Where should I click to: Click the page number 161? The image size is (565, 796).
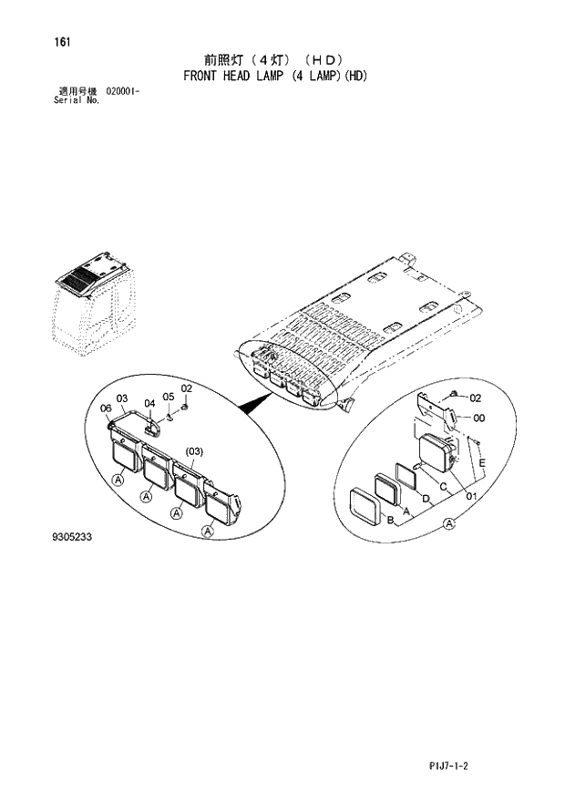click(x=63, y=42)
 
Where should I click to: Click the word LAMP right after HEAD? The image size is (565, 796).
click(x=268, y=76)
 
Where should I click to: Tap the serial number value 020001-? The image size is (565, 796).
click(x=122, y=92)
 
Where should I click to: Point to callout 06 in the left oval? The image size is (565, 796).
click(x=106, y=408)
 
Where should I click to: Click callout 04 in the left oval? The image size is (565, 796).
click(x=149, y=403)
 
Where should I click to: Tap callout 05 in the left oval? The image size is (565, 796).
click(x=168, y=397)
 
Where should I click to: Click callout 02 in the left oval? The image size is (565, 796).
click(x=186, y=388)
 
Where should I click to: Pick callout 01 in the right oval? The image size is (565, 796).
click(x=471, y=496)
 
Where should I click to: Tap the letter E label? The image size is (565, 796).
click(x=482, y=463)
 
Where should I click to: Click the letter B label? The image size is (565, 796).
click(x=390, y=521)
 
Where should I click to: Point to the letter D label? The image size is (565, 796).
click(x=426, y=497)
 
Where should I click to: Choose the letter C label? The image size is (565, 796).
click(x=443, y=486)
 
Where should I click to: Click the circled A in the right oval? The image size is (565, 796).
click(x=448, y=522)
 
